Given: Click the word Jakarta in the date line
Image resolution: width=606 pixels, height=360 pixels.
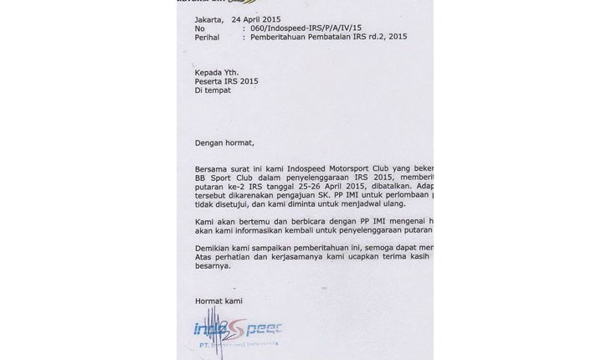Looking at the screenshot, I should pos(209,18).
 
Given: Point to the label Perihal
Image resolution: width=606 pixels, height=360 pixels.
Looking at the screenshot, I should pos(207,38).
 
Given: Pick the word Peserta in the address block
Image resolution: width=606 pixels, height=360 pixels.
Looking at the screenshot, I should pos(210,81).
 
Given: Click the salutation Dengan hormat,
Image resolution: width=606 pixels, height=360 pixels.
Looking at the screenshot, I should pos(223,142).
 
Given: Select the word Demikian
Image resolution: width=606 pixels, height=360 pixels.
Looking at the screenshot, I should pos(215,249).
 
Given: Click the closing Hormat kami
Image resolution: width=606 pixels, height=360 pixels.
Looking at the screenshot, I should pos(218,300).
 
